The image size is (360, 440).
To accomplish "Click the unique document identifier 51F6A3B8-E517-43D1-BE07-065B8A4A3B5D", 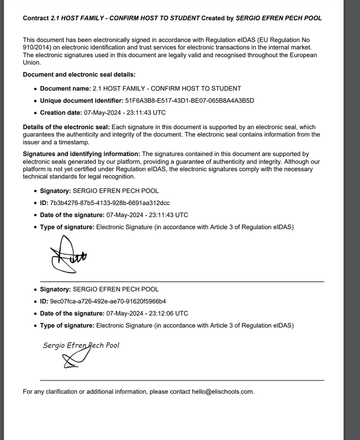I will [190, 101].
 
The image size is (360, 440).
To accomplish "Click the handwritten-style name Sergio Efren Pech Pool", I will [81, 345].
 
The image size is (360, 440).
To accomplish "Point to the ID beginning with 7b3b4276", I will [110, 203].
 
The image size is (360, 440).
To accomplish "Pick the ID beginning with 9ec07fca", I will [108, 302].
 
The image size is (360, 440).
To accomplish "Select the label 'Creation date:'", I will [61, 113].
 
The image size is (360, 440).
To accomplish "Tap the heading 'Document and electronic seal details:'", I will [79, 74].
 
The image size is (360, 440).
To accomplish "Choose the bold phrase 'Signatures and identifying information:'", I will [81, 154].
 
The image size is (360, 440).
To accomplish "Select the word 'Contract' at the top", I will [36, 18].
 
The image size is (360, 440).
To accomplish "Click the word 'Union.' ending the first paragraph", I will [32, 63].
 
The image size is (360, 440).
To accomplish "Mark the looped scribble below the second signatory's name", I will [74, 360].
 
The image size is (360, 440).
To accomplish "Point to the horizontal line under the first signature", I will [182, 281].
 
